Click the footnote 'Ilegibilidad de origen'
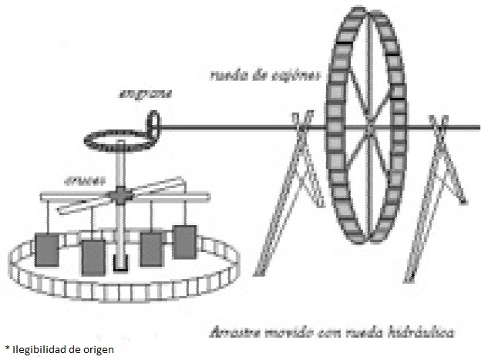click(x=62, y=350)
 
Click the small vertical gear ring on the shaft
click(x=154, y=123)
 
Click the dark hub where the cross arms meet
click(x=121, y=196)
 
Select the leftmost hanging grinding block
click(x=48, y=249)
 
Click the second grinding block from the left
click(x=93, y=256)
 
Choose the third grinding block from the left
click(x=151, y=248)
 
